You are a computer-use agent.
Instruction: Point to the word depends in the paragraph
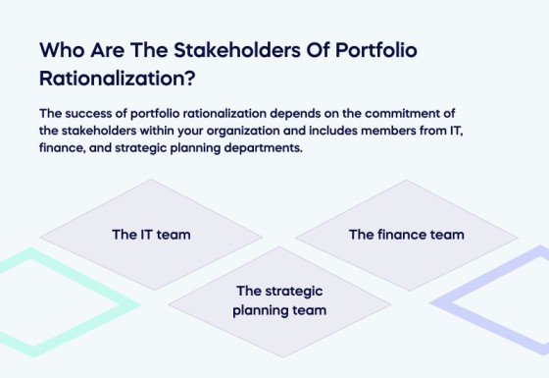click(294, 114)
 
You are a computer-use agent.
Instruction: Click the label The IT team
click(151, 235)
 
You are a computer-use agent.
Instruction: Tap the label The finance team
click(406, 235)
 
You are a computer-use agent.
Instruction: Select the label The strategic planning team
click(279, 300)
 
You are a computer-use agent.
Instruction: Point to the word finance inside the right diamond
click(401, 235)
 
